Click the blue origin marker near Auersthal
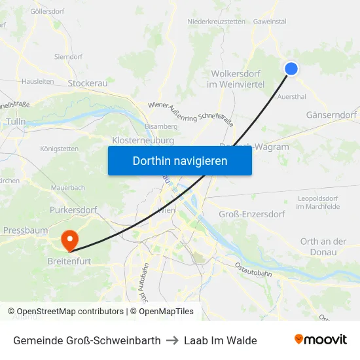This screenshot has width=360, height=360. (x=291, y=68)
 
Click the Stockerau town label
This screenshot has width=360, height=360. (x=88, y=83)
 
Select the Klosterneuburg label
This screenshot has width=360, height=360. (x=143, y=140)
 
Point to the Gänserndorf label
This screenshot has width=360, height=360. (x=331, y=115)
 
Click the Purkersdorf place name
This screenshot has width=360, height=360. (x=73, y=210)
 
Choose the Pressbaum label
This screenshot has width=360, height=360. (x=26, y=230)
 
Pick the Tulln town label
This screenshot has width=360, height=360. (x=16, y=122)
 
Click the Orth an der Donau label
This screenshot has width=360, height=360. (x=323, y=247)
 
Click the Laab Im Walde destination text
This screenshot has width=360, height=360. (x=220, y=340)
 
